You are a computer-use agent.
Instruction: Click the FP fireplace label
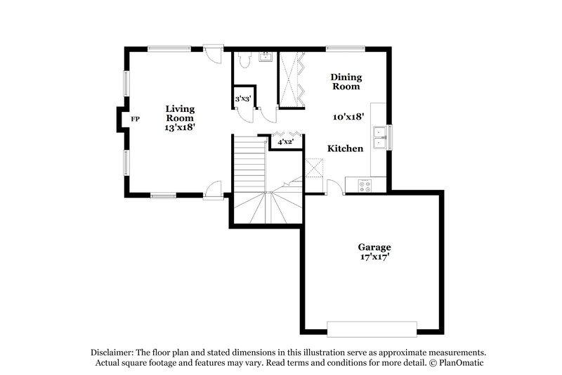135,119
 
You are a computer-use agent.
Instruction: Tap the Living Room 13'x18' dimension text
181,128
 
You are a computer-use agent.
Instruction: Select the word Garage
374,248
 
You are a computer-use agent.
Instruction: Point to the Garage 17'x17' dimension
374,258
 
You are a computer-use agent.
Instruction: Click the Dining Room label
346,82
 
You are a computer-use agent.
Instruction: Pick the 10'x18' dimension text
348,117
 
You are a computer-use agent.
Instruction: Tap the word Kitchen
346,148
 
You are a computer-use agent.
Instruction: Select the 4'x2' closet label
285,142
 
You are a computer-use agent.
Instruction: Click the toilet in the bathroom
242,61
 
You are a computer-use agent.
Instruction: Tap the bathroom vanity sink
266,56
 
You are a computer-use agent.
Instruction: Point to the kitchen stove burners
366,185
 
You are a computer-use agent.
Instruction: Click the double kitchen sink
379,136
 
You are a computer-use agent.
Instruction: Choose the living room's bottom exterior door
213,189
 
